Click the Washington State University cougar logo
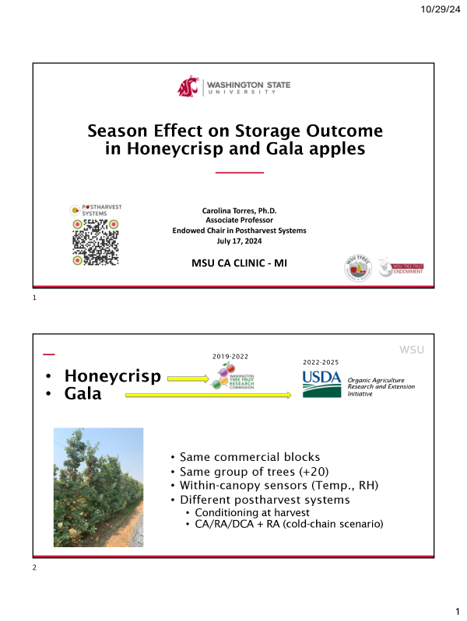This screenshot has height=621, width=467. click(x=189, y=86)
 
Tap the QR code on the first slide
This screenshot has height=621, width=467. click(x=96, y=242)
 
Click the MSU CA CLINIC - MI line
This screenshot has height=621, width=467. click(x=239, y=263)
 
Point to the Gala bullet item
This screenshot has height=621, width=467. click(x=84, y=394)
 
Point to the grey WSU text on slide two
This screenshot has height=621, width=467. click(x=412, y=349)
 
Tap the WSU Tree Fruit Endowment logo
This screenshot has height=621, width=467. click(x=400, y=268)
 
